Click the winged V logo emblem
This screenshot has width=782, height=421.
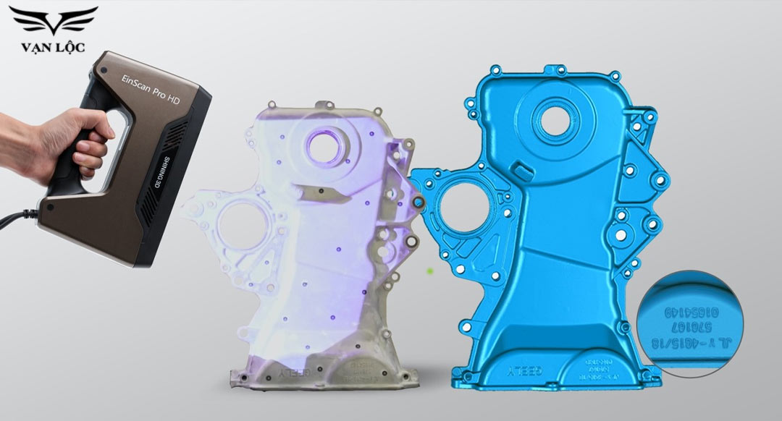point(52,22)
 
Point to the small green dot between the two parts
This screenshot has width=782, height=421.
point(430,271)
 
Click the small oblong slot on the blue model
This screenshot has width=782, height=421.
point(521,170)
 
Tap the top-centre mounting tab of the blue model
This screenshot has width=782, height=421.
point(558,70)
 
